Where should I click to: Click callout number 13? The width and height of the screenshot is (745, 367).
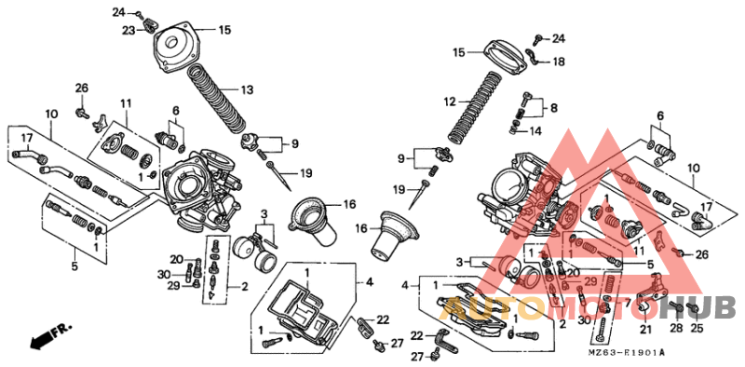(247, 90)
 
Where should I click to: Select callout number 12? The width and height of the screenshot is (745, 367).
(449, 101)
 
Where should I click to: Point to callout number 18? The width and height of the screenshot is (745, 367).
(559, 61)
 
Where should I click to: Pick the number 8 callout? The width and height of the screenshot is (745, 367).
(554, 108)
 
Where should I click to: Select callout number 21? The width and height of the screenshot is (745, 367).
(645, 329)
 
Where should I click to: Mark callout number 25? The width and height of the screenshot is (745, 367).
(697, 329)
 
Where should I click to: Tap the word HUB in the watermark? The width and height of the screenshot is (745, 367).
(704, 306)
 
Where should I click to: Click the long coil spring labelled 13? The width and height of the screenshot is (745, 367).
(218, 99)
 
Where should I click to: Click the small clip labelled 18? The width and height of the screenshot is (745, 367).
(532, 60)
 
